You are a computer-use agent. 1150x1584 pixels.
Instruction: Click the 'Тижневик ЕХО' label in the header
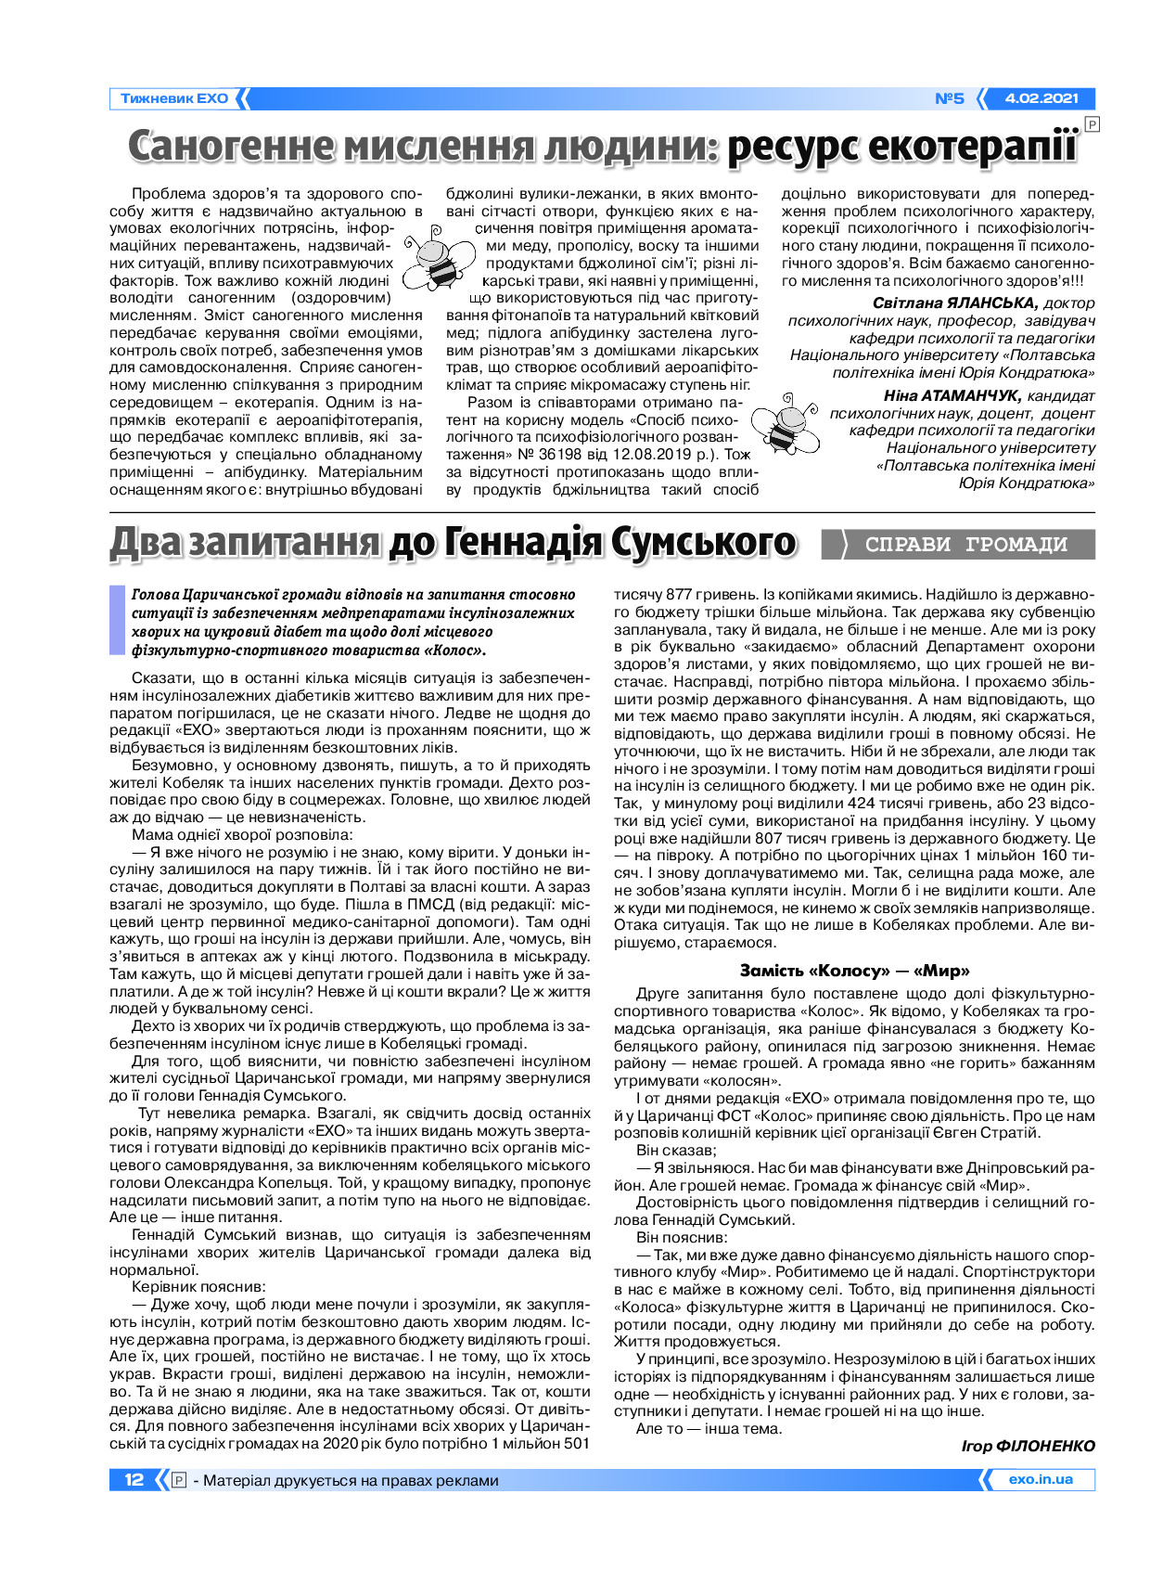(173, 98)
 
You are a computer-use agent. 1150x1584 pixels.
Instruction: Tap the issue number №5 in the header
(949, 98)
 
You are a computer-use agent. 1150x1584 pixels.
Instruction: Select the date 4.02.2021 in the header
(1041, 98)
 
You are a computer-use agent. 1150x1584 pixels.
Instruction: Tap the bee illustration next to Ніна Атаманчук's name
(785, 423)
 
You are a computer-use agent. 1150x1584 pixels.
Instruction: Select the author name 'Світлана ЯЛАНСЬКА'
(954, 303)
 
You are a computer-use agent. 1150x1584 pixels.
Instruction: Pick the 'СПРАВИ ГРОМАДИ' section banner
(965, 545)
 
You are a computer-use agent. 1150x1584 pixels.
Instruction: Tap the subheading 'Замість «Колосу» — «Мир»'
(854, 971)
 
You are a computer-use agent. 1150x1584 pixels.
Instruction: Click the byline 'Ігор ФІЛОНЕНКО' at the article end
(1028, 1446)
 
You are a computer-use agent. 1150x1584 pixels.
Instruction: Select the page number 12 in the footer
(134, 1480)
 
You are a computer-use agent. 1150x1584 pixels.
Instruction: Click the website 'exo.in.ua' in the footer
(1041, 1480)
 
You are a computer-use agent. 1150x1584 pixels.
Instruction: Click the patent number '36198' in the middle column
(564, 455)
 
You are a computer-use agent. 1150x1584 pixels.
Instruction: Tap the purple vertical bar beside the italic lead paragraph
(116, 621)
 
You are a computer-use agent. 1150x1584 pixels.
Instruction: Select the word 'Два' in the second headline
(147, 544)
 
